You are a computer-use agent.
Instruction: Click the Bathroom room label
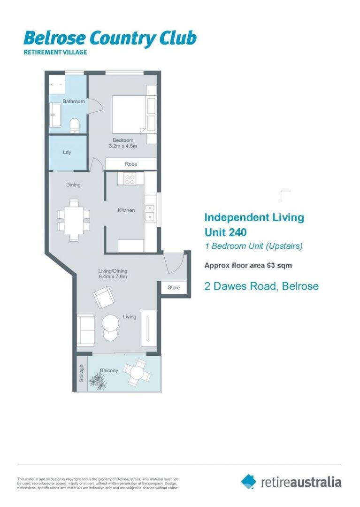click(x=74, y=101)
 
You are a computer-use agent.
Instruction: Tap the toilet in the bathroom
click(x=74, y=125)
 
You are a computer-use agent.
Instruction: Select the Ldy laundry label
click(x=67, y=152)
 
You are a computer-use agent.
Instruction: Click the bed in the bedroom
click(x=128, y=114)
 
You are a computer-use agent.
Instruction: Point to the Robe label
click(x=131, y=164)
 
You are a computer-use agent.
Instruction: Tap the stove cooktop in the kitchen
click(x=130, y=178)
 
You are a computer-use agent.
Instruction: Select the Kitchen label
click(x=126, y=210)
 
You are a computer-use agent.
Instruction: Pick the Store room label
click(x=174, y=288)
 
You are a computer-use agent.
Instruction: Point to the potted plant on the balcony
click(x=98, y=381)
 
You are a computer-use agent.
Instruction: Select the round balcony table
click(x=137, y=372)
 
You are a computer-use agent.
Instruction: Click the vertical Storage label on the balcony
click(x=82, y=373)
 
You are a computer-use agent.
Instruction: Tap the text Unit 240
click(x=225, y=232)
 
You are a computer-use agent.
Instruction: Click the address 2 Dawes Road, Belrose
click(x=261, y=286)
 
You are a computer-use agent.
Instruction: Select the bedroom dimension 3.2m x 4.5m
click(x=123, y=146)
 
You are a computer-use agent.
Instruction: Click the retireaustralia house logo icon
click(x=249, y=481)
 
